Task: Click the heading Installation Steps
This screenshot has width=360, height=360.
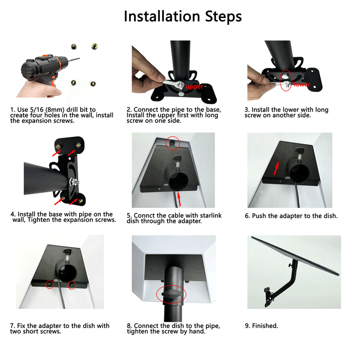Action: point(182,16)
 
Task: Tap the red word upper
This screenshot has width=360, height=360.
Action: point(194,86)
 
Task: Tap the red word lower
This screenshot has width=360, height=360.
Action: point(301,84)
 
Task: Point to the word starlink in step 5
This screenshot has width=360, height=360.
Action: point(208,216)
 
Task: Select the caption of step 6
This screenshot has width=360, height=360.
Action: point(291,216)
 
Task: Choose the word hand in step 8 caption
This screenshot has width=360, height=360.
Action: point(196,332)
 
